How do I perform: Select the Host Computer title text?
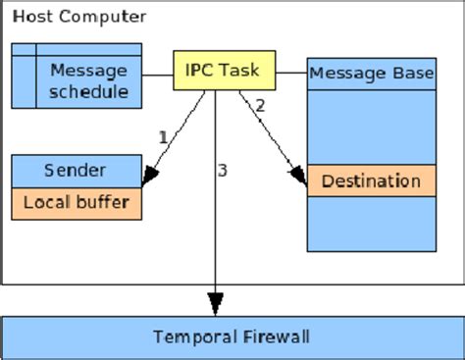click(79, 17)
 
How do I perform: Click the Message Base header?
click(372, 73)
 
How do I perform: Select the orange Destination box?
click(371, 180)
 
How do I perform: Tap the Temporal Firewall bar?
click(232, 336)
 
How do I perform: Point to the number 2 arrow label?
click(259, 106)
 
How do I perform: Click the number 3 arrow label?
click(223, 171)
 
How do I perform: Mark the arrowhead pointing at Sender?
click(150, 177)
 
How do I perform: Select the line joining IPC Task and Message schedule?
click(158, 75)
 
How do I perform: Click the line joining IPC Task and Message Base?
click(291, 72)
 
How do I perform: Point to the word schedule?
click(89, 93)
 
